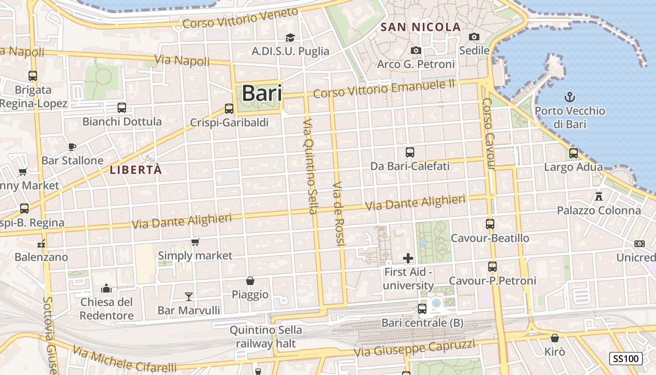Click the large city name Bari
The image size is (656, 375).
262,93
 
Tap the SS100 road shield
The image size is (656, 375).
626,359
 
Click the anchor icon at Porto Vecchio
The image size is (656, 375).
570,97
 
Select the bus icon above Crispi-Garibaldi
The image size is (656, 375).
229,109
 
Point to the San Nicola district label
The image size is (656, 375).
421,27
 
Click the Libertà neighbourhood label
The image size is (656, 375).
136,170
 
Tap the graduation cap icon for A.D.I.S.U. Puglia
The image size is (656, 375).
291,37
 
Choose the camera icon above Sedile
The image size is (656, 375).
474,37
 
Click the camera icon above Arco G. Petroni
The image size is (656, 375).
416,50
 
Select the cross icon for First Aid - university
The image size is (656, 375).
408,258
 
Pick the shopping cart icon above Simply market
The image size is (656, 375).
195,242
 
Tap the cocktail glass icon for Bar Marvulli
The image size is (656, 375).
189,296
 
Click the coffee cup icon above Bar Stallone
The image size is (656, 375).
72,147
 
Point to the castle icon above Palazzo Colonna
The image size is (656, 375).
598,196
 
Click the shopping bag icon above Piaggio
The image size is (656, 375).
250,281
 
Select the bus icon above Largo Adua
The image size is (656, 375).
573,153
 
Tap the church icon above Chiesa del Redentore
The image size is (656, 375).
106,288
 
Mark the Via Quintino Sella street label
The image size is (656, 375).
310,166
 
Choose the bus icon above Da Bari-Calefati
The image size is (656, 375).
410,152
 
